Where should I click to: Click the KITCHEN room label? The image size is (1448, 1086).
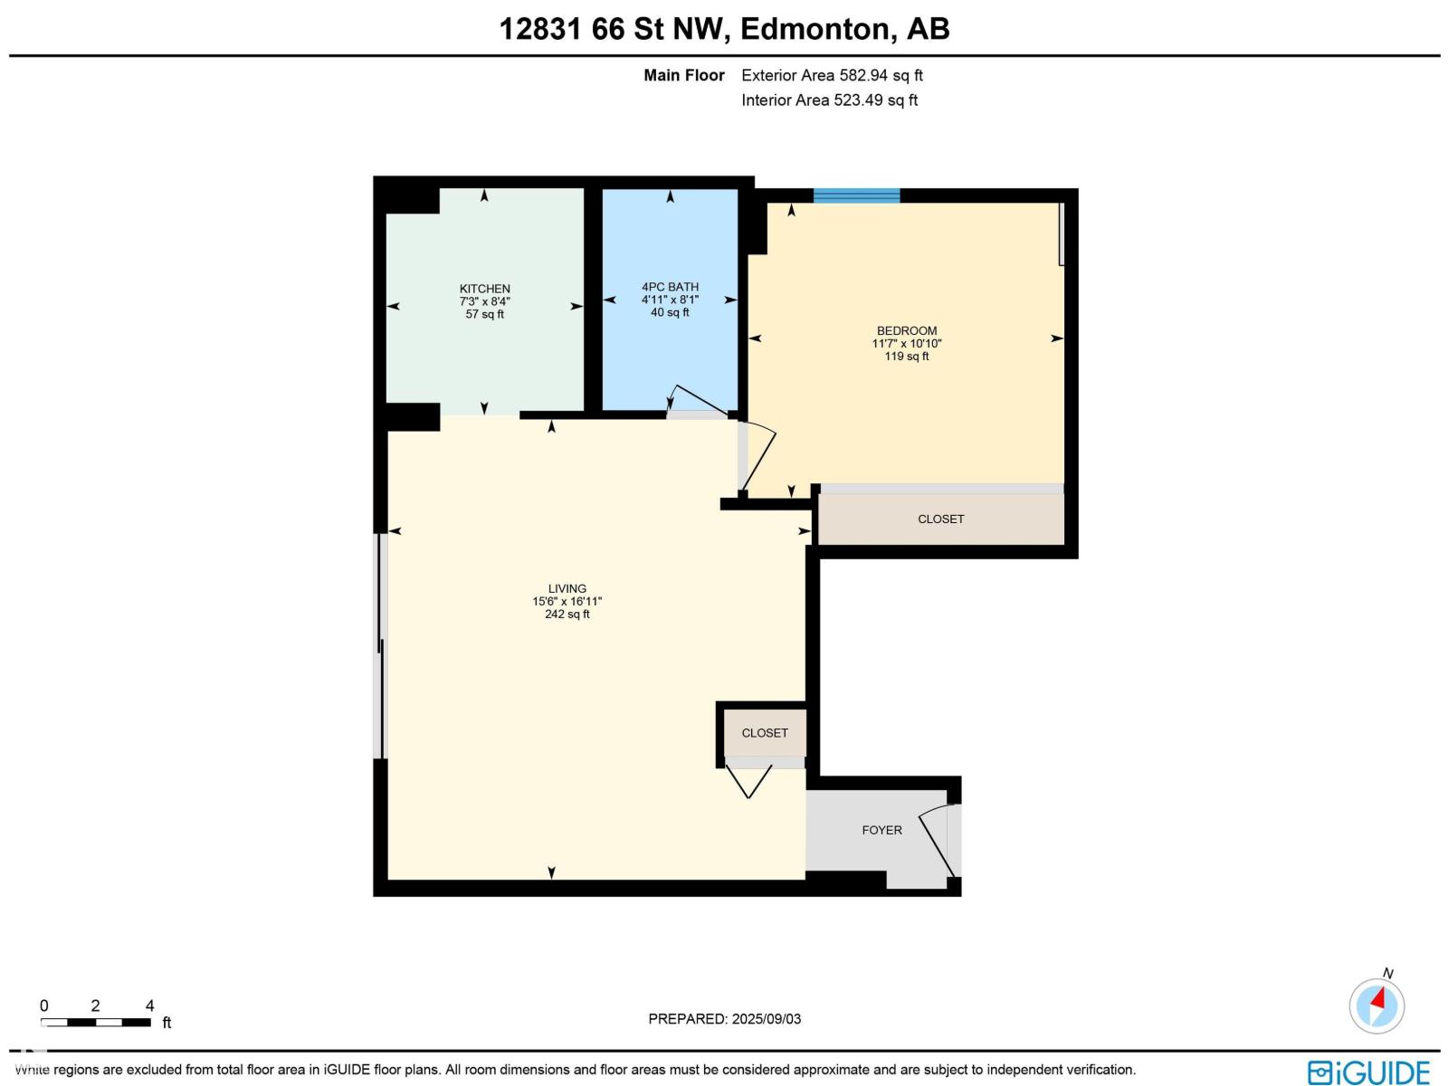(484, 289)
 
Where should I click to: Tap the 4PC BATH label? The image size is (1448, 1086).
(670, 287)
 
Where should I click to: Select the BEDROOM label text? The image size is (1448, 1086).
(906, 330)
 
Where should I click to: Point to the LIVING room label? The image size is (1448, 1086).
(567, 588)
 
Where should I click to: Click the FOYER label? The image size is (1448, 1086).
(881, 830)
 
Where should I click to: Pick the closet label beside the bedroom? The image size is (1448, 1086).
(940, 519)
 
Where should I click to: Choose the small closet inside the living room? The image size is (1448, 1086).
(765, 733)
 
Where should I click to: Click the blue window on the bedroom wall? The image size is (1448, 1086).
(856, 195)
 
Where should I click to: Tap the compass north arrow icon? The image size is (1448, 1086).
(1377, 1005)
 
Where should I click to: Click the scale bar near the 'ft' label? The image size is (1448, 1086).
(96, 1023)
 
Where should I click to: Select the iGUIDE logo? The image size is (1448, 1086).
(1368, 1072)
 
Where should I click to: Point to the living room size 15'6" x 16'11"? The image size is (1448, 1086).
(567, 601)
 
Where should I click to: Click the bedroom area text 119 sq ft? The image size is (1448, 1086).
(906, 357)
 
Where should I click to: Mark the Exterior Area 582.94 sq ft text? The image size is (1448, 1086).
(832, 75)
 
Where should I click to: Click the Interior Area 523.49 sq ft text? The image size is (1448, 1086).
(829, 100)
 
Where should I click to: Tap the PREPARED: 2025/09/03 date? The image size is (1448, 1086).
(724, 1019)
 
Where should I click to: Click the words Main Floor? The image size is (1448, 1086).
(683, 75)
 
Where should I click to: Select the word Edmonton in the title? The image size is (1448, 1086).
(817, 29)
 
